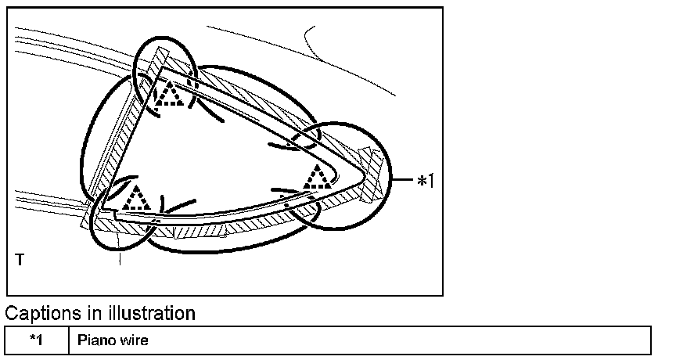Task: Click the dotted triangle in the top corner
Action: click(170, 95)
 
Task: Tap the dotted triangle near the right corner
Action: click(317, 177)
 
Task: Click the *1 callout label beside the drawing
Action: click(424, 182)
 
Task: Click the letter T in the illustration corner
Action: click(20, 258)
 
